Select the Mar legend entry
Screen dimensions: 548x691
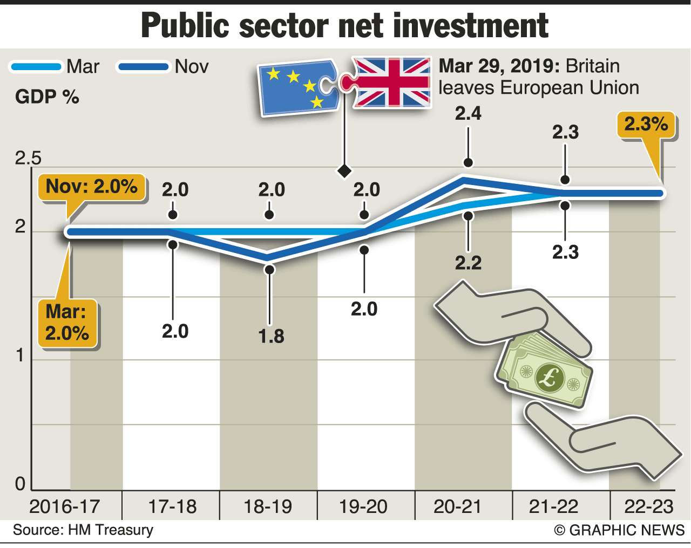(55, 67)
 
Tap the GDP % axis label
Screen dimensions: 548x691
(47, 97)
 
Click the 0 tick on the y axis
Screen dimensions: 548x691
(21, 484)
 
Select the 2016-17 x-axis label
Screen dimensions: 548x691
(65, 506)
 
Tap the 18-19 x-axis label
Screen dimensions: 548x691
(268, 506)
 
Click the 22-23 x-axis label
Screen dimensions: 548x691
(649, 506)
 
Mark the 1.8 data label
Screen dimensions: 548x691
(271, 336)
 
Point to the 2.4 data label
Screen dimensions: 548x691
(468, 113)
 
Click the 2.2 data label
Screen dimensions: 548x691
(468, 263)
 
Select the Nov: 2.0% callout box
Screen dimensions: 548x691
(91, 187)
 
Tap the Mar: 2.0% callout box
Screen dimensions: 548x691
(67, 323)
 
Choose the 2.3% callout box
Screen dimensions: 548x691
(646, 125)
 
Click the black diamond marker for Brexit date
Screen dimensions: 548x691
(344, 171)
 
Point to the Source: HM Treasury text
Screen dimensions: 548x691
(83, 530)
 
